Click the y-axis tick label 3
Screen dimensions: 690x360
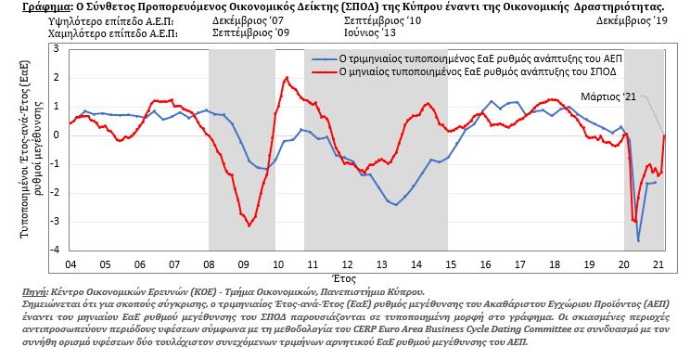coord(57,49)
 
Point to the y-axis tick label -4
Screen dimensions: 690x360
coord(55,250)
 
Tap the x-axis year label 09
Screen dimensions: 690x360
coord(243,264)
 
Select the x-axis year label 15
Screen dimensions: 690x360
coord(451,264)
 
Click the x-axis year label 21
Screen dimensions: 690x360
coord(658,264)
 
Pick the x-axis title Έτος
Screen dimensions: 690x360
coord(344,278)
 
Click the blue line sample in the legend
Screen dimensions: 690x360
coord(324,59)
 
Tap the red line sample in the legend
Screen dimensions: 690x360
coord(324,71)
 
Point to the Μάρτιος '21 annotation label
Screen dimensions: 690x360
coord(608,96)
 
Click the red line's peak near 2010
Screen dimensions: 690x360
coord(287,77)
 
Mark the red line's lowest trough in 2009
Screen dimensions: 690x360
coord(249,225)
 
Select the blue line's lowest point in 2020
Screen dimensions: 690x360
coord(638,240)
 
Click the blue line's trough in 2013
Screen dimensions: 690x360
coord(396,205)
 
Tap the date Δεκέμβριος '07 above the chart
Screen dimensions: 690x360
coord(248,20)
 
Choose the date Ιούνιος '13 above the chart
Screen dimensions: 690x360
coord(370,32)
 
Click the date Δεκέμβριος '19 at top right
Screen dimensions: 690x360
coord(632,20)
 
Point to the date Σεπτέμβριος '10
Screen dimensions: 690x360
coord(382,20)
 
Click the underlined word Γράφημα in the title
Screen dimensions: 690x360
coord(41,7)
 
